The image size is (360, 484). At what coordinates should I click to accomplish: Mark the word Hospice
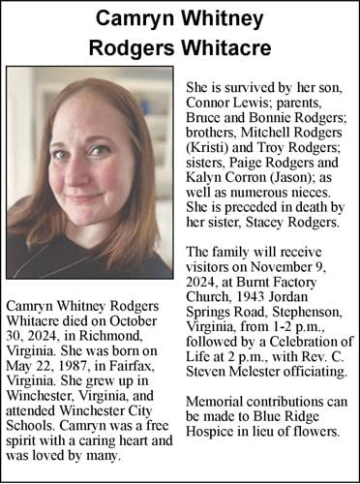[x=210, y=432]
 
